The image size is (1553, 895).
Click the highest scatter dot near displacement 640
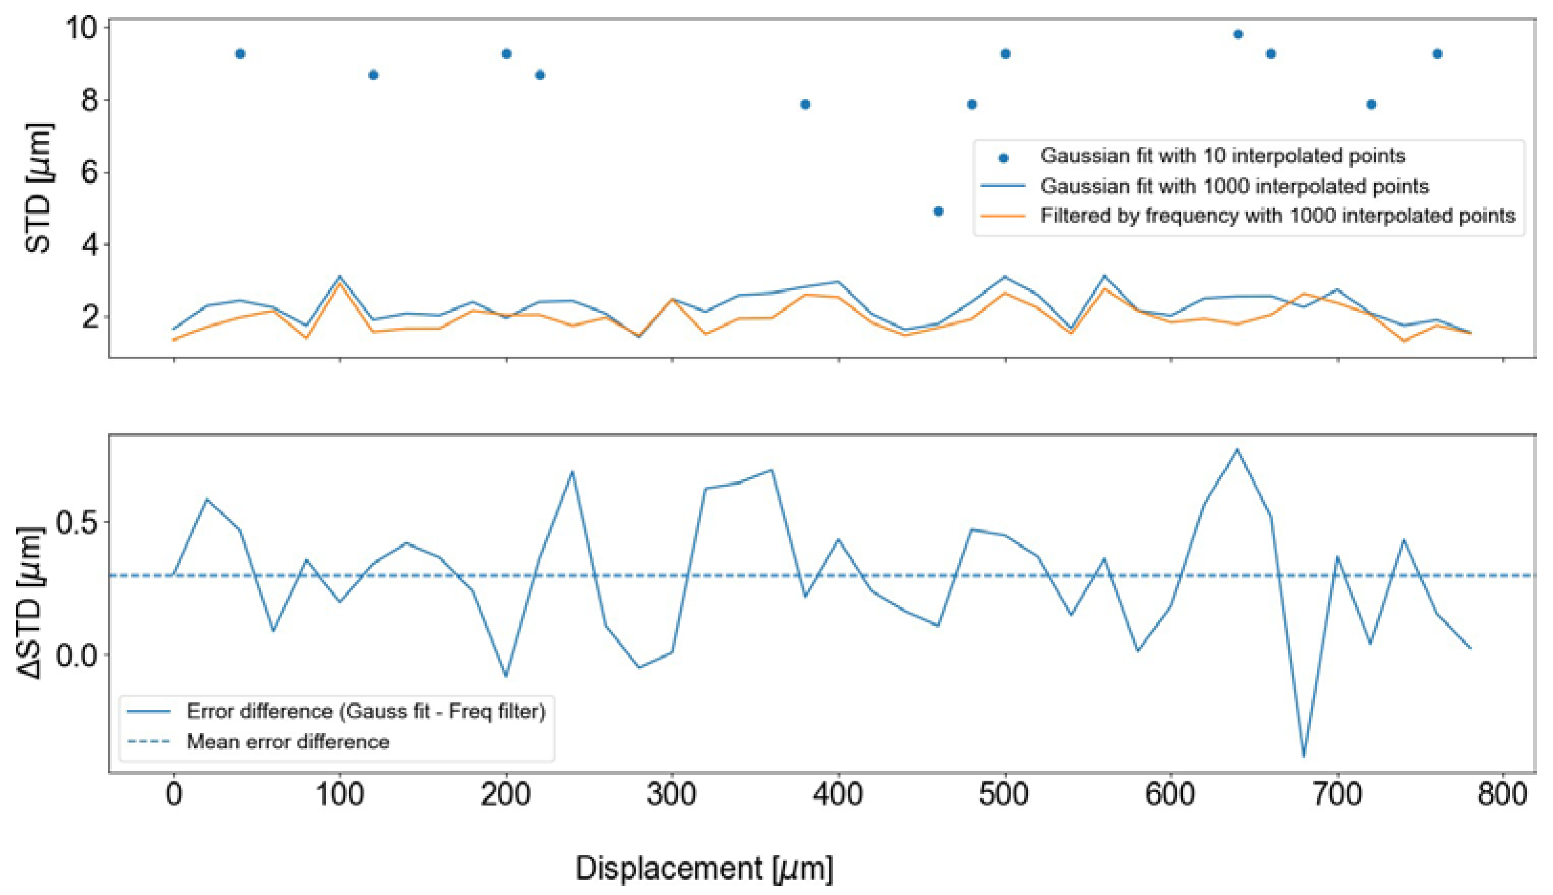(1238, 34)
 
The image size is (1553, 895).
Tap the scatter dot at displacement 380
(805, 105)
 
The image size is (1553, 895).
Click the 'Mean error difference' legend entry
(288, 742)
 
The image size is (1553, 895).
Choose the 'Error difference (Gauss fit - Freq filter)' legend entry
(366, 711)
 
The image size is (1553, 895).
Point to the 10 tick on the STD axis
(81, 28)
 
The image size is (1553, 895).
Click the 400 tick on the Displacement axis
(838, 795)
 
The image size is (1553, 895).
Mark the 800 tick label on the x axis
(1503, 795)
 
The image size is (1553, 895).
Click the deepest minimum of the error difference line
(1304, 756)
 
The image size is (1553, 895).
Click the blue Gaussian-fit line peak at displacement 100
(340, 277)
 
